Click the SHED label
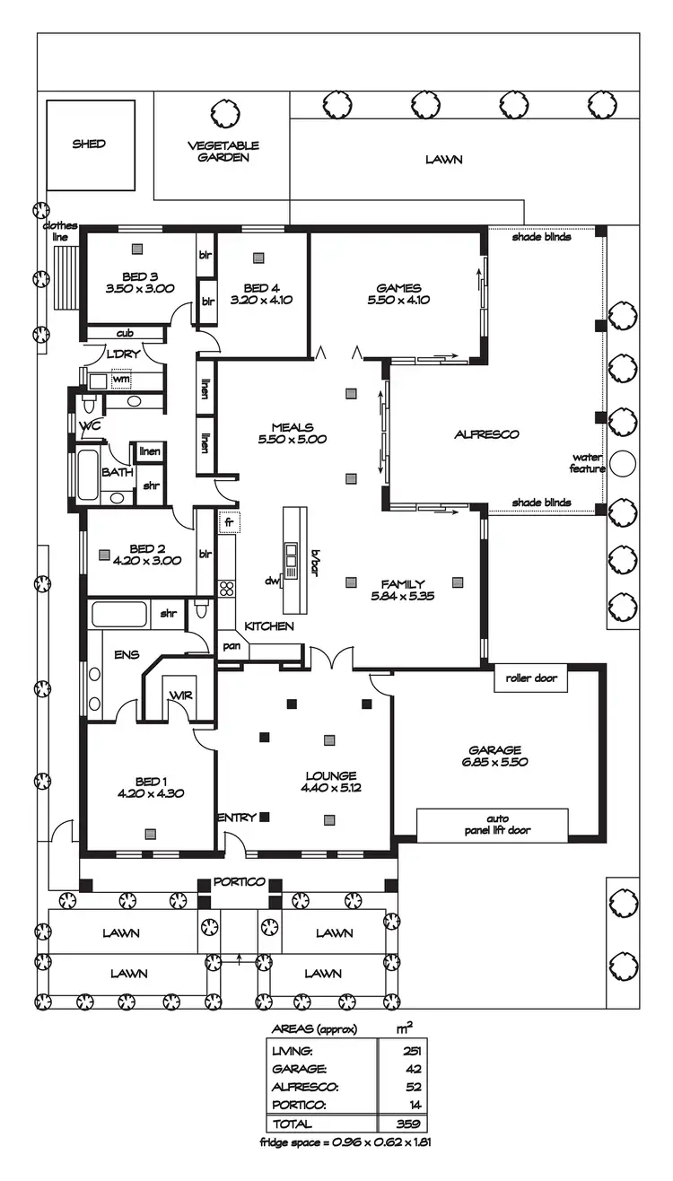90,144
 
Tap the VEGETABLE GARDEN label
223,151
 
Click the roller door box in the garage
531,678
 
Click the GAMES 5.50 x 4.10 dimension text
398,300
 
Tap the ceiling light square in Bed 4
259,258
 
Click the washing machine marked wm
120,379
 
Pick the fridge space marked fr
229,521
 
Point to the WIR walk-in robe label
181,695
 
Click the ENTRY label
237,818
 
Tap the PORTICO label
239,882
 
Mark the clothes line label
60,231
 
